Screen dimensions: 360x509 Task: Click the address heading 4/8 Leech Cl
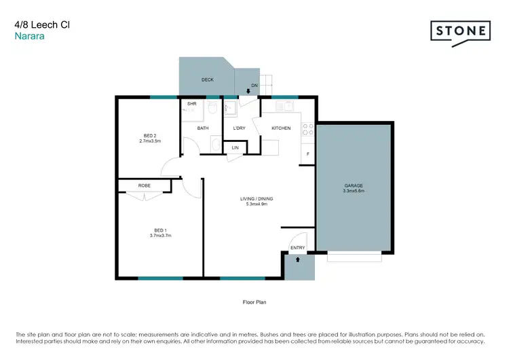tap(42, 24)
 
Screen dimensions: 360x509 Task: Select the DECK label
tap(208, 80)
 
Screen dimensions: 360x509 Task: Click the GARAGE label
tap(353, 185)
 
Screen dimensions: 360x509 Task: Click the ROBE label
tap(144, 185)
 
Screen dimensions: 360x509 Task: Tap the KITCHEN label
tap(281, 128)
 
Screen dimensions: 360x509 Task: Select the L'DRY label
tap(239, 128)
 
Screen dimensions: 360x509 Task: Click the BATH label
tap(203, 128)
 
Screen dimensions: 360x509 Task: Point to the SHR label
tap(191, 104)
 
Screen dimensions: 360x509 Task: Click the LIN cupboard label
tap(235, 147)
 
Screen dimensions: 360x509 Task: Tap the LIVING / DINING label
tap(257, 198)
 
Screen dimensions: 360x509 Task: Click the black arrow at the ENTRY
tap(298, 259)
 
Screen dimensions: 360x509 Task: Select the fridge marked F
tap(308, 154)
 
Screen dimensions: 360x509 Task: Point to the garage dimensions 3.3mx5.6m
tap(354, 191)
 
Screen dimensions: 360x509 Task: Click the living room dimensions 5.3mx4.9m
tap(257, 204)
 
